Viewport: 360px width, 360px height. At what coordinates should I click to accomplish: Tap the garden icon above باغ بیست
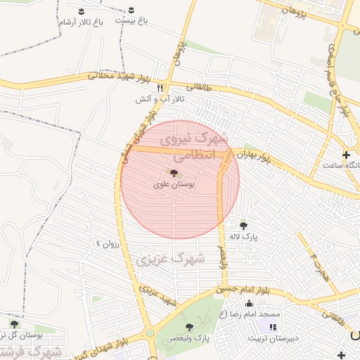click(x=132, y=10)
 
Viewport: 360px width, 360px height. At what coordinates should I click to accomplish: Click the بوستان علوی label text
click(x=173, y=184)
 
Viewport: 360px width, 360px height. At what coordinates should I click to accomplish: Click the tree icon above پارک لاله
click(x=243, y=225)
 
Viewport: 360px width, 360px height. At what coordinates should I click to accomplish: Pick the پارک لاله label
click(x=243, y=237)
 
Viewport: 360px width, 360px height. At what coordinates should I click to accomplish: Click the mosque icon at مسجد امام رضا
click(x=249, y=303)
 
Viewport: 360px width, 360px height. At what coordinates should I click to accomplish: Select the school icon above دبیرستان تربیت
click(x=273, y=327)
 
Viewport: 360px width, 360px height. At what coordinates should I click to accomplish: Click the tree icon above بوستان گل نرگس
click(x=14, y=323)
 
